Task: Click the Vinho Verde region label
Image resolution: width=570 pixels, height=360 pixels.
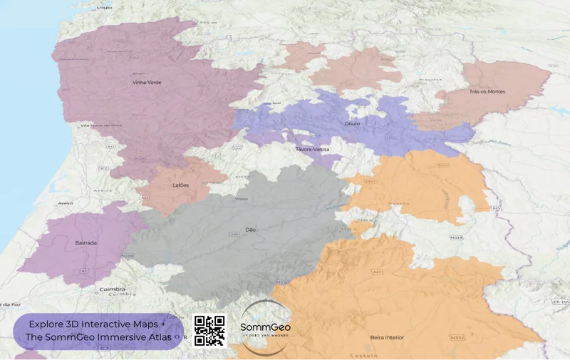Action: [147, 83]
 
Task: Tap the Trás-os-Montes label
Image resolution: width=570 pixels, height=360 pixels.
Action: [487, 92]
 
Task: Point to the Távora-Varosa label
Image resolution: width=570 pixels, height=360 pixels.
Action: [312, 150]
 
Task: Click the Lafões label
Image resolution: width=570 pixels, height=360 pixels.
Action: [181, 185]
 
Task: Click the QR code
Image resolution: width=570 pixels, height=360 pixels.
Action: [209, 331]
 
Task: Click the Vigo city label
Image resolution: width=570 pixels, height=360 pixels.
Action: [105, 5]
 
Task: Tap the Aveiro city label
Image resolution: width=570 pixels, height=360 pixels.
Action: [66, 202]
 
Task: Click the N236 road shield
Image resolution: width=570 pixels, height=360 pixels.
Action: [128, 254]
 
